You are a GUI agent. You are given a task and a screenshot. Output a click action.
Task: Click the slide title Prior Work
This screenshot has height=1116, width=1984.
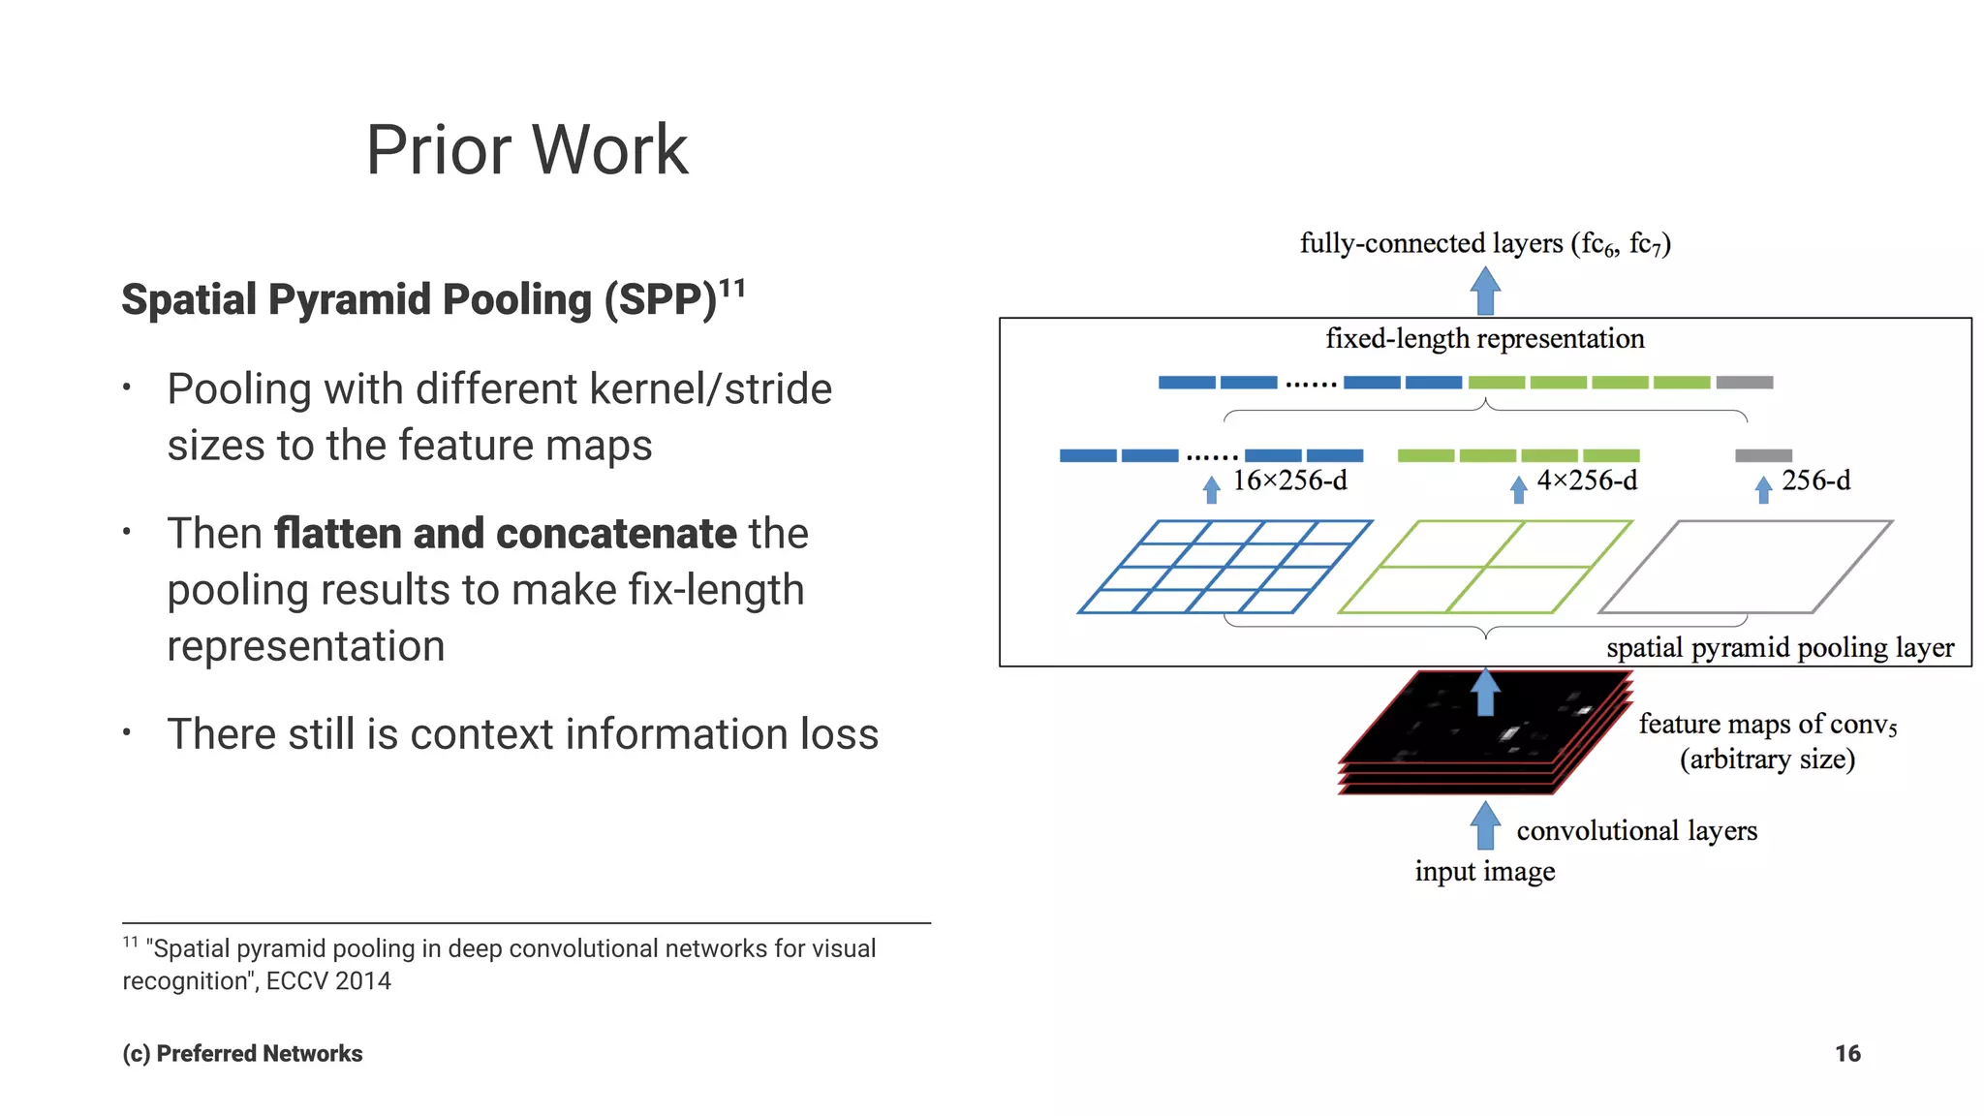pyautogui.click(x=526, y=150)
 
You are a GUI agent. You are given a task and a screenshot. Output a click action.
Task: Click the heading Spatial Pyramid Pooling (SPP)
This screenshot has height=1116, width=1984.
pyautogui.click(x=418, y=299)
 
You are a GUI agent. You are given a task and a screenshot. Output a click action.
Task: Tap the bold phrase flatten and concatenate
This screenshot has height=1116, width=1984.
pyautogui.click(x=505, y=534)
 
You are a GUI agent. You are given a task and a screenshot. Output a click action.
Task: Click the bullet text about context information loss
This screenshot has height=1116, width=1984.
pyautogui.click(x=522, y=734)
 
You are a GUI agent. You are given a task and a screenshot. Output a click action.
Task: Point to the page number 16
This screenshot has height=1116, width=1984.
pyautogui.click(x=1846, y=1053)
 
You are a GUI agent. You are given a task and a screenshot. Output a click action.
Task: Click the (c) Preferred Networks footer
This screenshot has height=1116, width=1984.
pyautogui.click(x=242, y=1053)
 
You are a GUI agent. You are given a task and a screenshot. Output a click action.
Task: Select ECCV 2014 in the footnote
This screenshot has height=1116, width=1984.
pyautogui.click(x=328, y=981)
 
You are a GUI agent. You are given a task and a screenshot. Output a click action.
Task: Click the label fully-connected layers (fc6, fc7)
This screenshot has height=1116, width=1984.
pyautogui.click(x=1484, y=243)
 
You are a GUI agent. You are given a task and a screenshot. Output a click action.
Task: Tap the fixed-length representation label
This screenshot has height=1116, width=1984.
pyautogui.click(x=1484, y=339)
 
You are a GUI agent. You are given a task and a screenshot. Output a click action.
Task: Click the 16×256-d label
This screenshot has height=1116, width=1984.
pyautogui.click(x=1289, y=480)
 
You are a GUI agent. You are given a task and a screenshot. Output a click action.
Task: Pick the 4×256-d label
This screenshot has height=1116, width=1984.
pyautogui.click(x=1586, y=480)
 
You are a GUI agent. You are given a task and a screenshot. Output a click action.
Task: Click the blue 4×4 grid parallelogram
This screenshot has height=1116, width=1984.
pyautogui.click(x=1224, y=567)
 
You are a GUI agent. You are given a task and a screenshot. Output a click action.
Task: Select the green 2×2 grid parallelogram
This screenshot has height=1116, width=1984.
pyautogui.click(x=1484, y=567)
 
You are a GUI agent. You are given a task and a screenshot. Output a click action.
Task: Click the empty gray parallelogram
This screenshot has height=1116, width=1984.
pyautogui.click(x=1745, y=567)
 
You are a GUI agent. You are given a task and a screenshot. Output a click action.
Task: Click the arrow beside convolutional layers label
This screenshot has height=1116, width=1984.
pyautogui.click(x=1484, y=826)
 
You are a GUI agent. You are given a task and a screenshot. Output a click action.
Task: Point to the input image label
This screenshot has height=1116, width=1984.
pyautogui.click(x=1484, y=871)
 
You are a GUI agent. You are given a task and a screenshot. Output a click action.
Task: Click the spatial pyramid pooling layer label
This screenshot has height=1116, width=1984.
pyautogui.click(x=1780, y=647)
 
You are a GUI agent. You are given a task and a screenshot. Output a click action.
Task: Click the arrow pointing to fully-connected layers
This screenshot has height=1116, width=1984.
pyautogui.click(x=1485, y=292)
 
